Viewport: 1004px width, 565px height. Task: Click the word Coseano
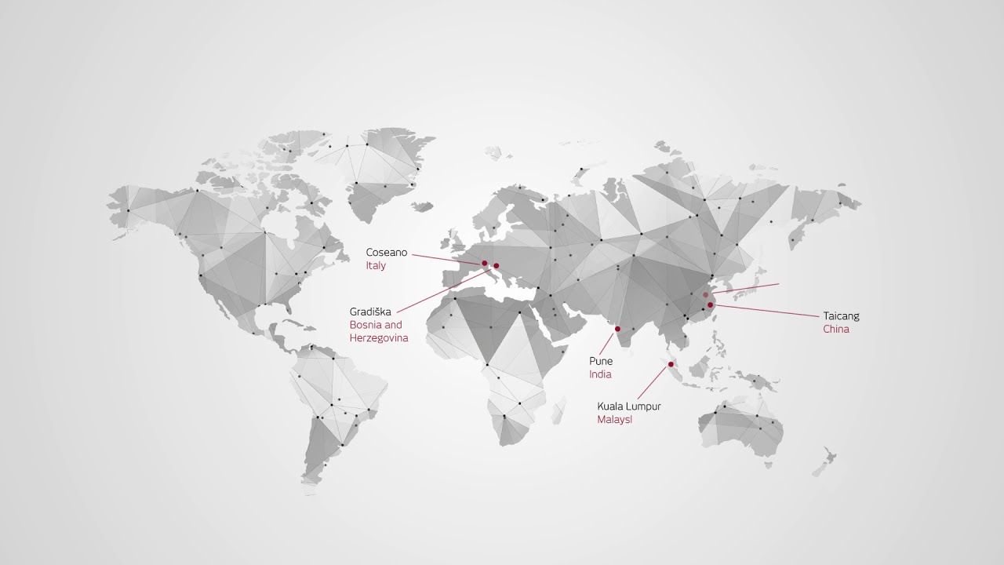pos(386,253)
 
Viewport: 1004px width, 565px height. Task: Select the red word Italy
pos(376,266)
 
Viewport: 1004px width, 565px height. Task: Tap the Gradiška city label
pos(370,312)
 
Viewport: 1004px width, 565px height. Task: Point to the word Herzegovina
pos(379,338)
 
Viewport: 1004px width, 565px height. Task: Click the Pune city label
pos(601,361)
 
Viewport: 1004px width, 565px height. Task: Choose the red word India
pos(600,374)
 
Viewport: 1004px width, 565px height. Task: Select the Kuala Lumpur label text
pos(629,406)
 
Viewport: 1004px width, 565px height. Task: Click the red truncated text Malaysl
pos(614,420)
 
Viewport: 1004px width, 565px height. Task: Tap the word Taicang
pos(841,316)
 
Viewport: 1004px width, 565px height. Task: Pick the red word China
pos(836,330)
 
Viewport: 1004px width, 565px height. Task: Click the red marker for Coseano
pos(485,263)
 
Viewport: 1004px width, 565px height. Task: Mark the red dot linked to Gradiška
pos(496,266)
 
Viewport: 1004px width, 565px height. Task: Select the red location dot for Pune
pos(617,329)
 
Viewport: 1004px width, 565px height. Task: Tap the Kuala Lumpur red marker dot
pos(671,364)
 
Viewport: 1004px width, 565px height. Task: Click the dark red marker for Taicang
pos(710,304)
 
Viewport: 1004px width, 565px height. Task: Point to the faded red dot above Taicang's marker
pos(705,295)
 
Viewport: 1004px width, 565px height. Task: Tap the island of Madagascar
pos(558,409)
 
